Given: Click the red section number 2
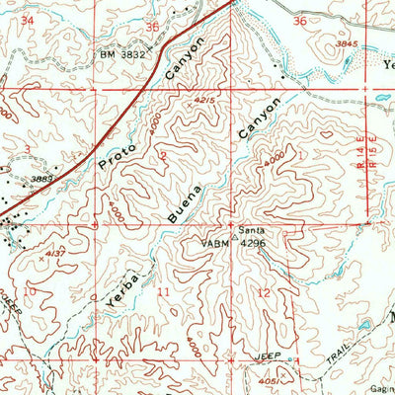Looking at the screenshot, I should (162, 156).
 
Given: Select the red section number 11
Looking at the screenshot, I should (163, 293).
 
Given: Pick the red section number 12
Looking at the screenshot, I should (264, 293).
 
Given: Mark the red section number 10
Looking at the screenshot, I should (31, 290).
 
